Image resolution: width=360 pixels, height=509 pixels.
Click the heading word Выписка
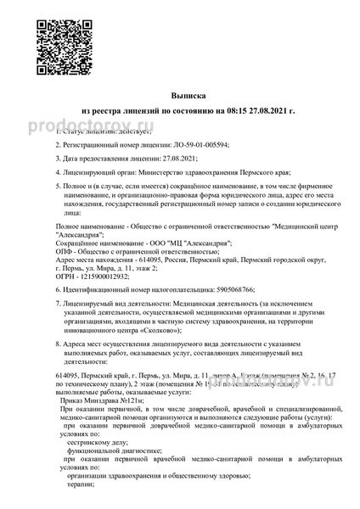pos(179,98)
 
